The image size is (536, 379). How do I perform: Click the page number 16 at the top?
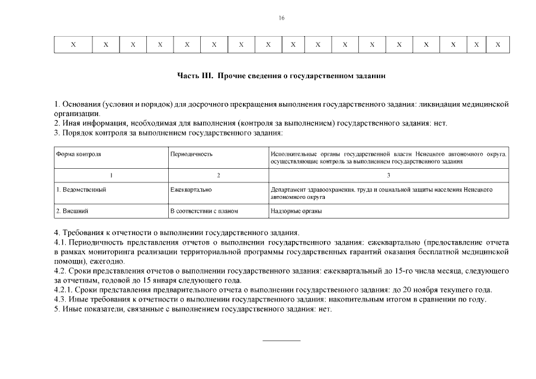pyautogui.click(x=281, y=18)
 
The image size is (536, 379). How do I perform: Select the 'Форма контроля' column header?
pyautogui.click(x=79, y=154)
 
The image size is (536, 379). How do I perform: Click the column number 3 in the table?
pyautogui.click(x=389, y=175)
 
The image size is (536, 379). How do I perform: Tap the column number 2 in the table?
pyautogui.click(x=219, y=175)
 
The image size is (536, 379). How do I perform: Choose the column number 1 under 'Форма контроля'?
pyautogui.click(x=111, y=175)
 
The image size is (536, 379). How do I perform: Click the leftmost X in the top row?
pyautogui.click(x=73, y=44)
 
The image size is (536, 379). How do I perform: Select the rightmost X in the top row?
pyautogui.click(x=498, y=44)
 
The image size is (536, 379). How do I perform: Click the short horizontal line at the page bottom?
pyautogui.click(x=281, y=341)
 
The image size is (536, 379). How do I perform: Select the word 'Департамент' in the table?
pyautogui.click(x=288, y=189)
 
